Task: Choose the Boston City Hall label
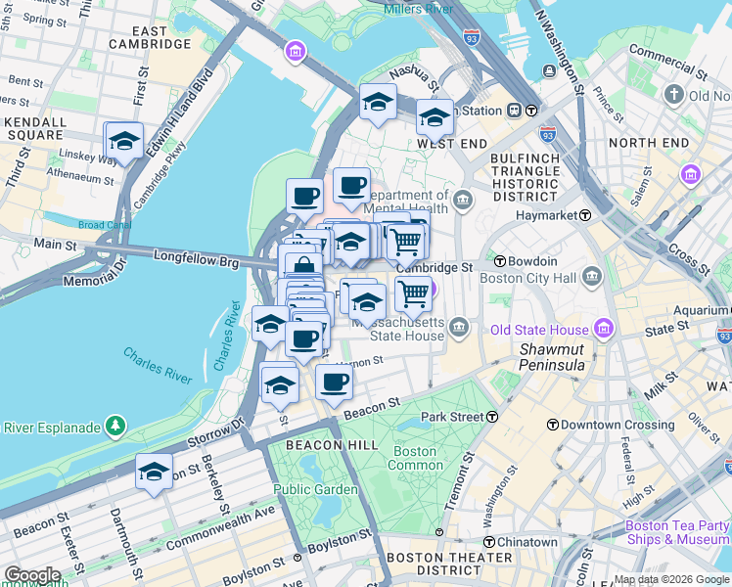[x=536, y=278]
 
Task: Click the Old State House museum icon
[x=604, y=330]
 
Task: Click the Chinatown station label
[x=522, y=542]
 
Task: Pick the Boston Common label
[x=415, y=458]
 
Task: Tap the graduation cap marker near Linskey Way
[x=124, y=142]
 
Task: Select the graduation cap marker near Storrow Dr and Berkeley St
[x=155, y=473]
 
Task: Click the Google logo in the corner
[x=32, y=575]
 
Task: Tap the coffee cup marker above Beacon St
[x=335, y=383]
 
